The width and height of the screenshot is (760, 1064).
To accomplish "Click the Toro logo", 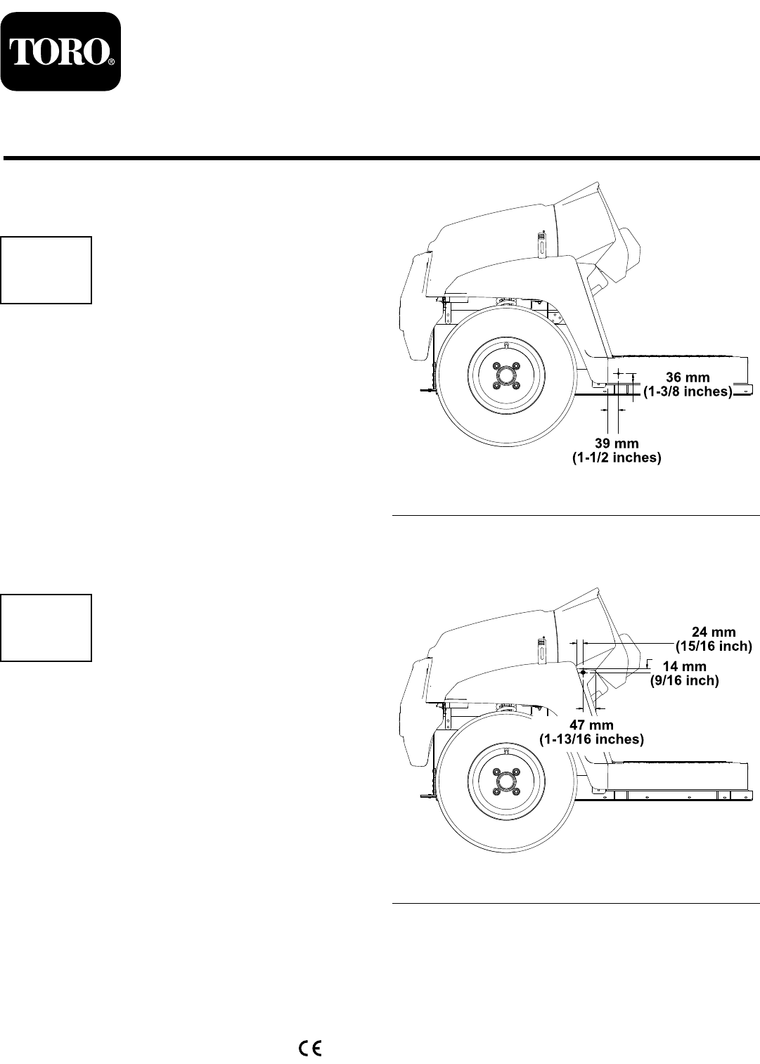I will [x=60, y=51].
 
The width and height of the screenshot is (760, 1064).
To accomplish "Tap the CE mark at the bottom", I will [x=310, y=1049].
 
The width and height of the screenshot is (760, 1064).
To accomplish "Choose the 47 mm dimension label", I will [x=591, y=725].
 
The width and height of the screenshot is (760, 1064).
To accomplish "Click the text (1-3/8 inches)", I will [x=688, y=391].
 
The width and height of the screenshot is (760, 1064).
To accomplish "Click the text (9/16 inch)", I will [x=683, y=680].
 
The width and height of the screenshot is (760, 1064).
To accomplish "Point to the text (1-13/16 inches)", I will [x=591, y=739].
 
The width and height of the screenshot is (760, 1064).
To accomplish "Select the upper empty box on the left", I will [x=46, y=270].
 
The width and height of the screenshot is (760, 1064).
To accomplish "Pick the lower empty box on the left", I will [x=46, y=628].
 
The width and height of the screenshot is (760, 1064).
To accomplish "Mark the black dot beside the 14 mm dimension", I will [x=584, y=672].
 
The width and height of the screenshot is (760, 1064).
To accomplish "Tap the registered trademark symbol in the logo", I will [x=111, y=63].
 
